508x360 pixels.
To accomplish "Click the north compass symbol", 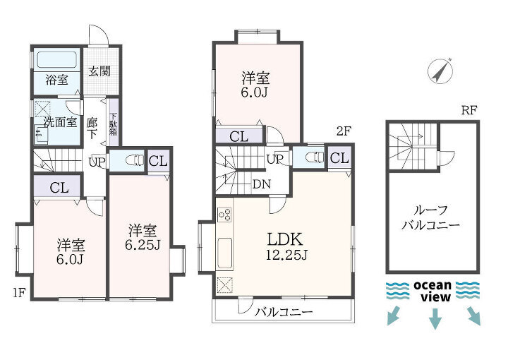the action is (440, 71).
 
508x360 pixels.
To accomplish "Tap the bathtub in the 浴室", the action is (57, 59).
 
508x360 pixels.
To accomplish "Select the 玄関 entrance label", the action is (99, 71).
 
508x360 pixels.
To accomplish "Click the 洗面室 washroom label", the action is (60, 122).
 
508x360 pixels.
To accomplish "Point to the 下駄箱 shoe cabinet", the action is (114, 124).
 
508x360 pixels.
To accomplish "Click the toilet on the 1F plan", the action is (134, 160).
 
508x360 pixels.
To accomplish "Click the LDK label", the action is (285, 239).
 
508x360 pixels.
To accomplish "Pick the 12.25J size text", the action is (286, 256).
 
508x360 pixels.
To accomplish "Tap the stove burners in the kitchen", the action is (224, 214).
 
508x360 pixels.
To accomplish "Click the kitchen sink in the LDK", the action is (224, 253).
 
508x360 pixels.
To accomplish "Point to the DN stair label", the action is (262, 184).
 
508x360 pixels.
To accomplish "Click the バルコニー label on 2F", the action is (284, 312).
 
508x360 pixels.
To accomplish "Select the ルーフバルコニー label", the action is (430, 217).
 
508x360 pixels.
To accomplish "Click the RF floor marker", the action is (469, 111).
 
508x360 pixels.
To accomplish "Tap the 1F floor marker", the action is (20, 293).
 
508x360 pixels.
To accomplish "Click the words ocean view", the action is (433, 291).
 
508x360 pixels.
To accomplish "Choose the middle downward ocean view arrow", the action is (435, 319).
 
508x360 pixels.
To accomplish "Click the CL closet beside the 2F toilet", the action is (339, 158).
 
